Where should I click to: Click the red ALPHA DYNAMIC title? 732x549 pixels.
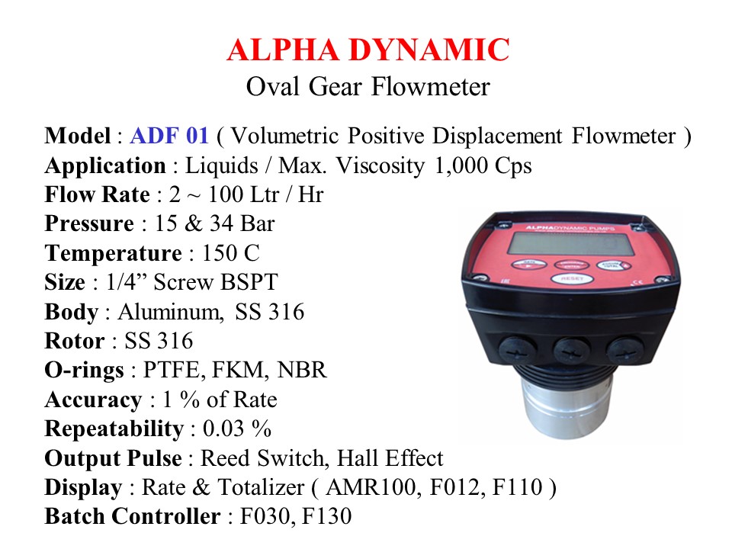[368, 50]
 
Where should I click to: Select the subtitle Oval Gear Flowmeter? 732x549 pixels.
[368, 87]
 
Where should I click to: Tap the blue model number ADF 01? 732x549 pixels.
[169, 136]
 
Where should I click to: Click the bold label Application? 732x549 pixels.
[105, 166]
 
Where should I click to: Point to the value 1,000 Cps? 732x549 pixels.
[483, 166]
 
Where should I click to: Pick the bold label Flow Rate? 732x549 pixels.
[97, 194]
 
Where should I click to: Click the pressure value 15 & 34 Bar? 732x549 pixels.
[215, 223]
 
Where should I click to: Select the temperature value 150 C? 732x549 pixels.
[230, 253]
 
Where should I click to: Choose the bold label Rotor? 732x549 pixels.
[74, 341]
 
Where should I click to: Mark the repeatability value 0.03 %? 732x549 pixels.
[236, 429]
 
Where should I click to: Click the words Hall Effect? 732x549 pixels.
[390, 458]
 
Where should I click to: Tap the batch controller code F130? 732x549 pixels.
[327, 516]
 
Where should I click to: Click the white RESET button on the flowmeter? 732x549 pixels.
[573, 279]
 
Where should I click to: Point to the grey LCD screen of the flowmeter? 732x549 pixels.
[570, 244]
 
